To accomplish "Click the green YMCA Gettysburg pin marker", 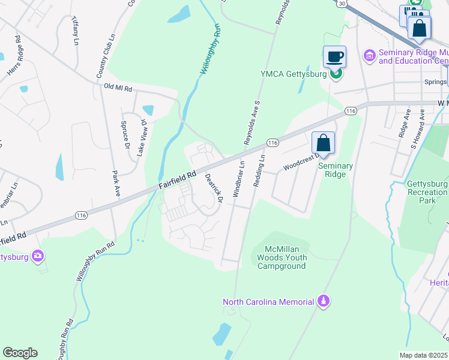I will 337,74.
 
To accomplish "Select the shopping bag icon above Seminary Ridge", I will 323,143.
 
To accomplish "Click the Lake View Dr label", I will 142,138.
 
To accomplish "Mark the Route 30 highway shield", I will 342,4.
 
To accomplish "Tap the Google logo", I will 20,353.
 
